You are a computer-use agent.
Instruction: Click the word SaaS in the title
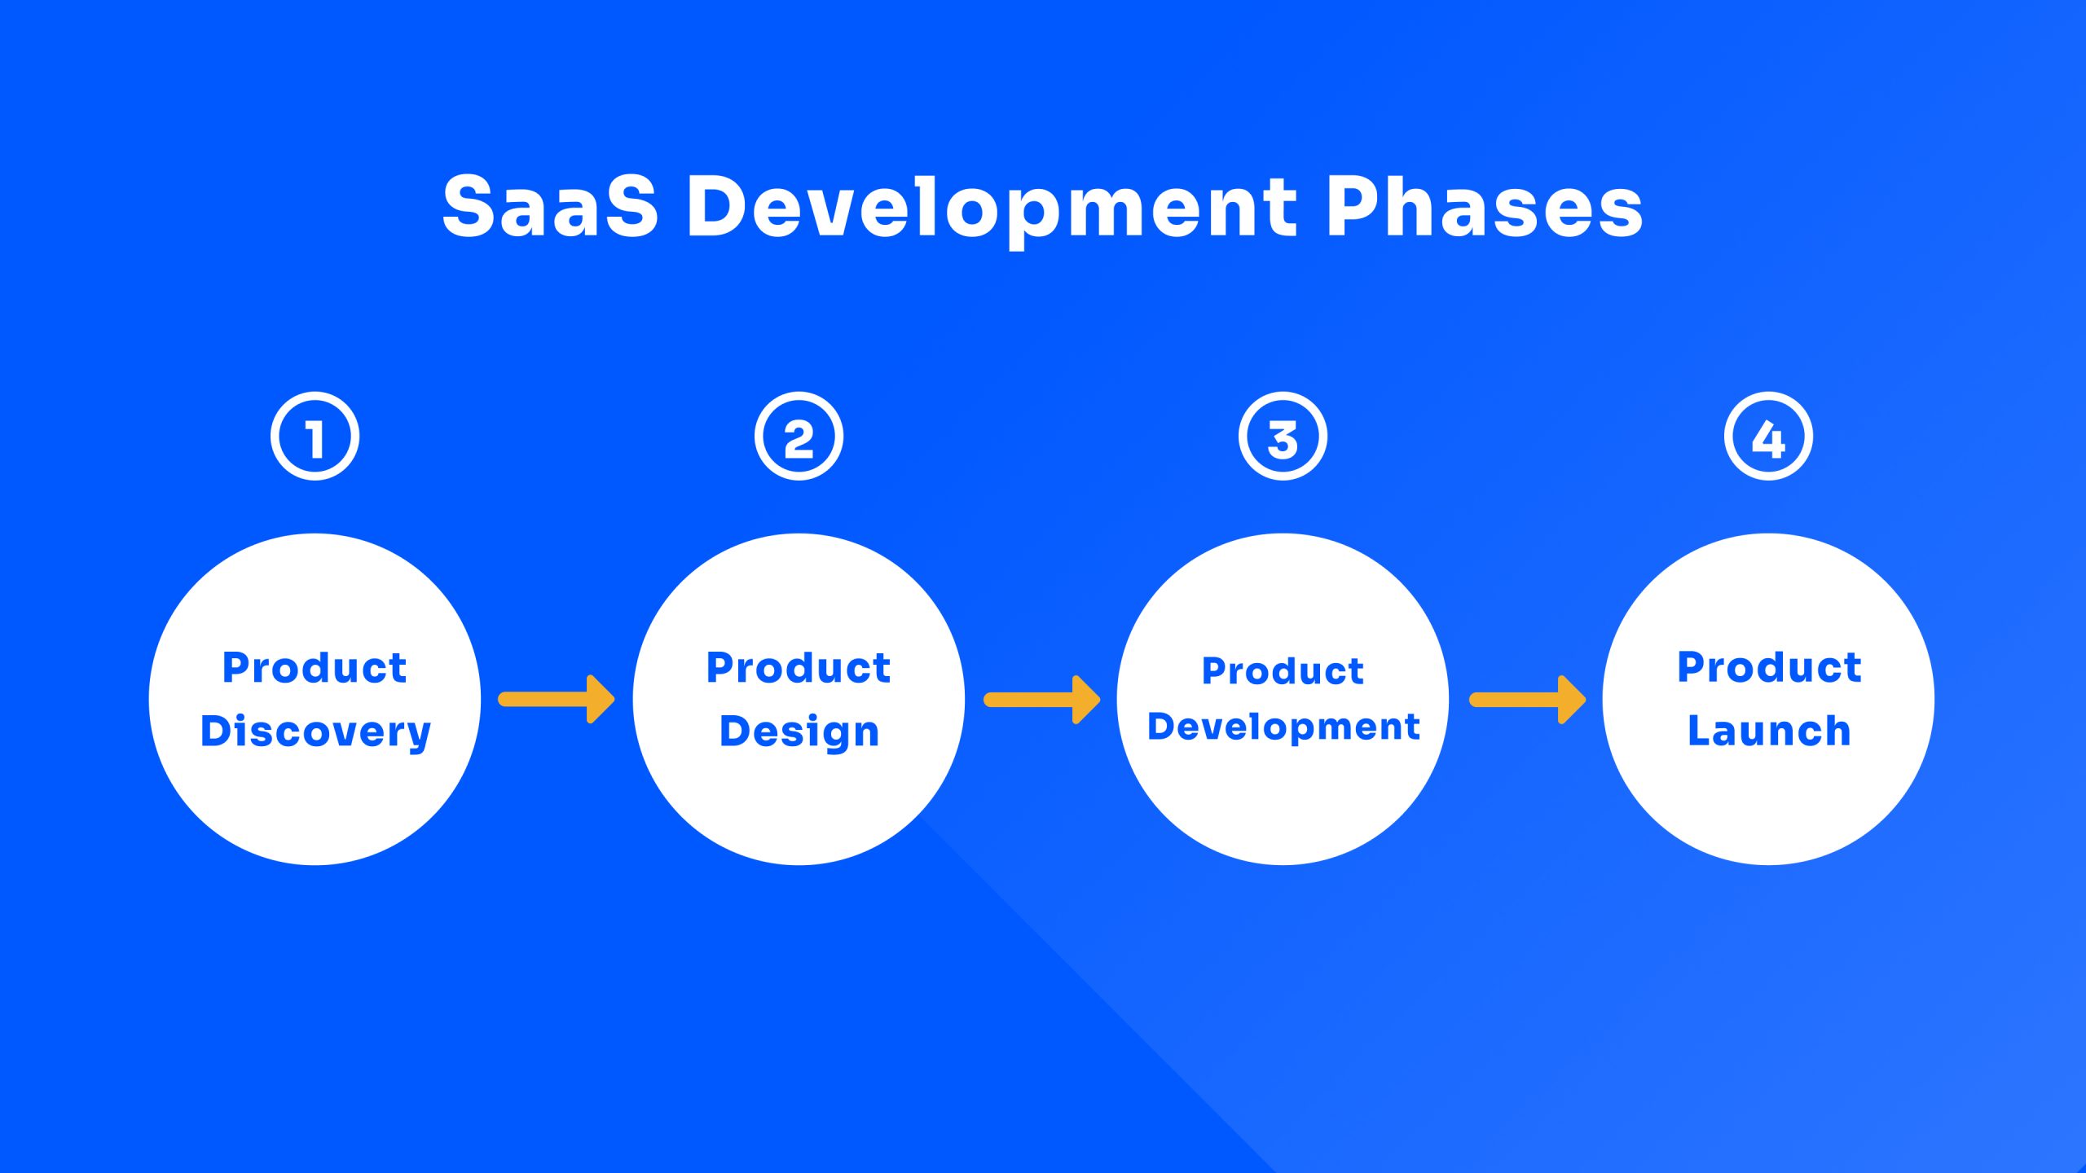550,207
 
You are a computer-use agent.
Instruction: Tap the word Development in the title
992,209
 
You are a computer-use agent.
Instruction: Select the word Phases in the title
1485,207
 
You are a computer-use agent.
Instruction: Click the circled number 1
315,437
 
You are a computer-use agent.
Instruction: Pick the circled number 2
799,437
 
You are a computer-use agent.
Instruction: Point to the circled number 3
1283,437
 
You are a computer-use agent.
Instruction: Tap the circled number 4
1768,437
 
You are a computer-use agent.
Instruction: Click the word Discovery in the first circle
315,731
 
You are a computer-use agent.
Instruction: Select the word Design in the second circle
799,731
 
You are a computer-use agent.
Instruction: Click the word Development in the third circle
1283,727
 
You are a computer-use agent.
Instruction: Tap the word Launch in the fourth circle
1769,731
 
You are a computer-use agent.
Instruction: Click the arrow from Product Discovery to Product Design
557,699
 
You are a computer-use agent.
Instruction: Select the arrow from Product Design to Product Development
1041,699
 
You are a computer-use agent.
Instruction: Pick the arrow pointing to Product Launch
1527,699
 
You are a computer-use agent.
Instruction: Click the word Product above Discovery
315,668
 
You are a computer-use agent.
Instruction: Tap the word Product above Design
799,668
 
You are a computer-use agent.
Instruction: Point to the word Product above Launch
1769,667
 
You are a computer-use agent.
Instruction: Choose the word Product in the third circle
1283,671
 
